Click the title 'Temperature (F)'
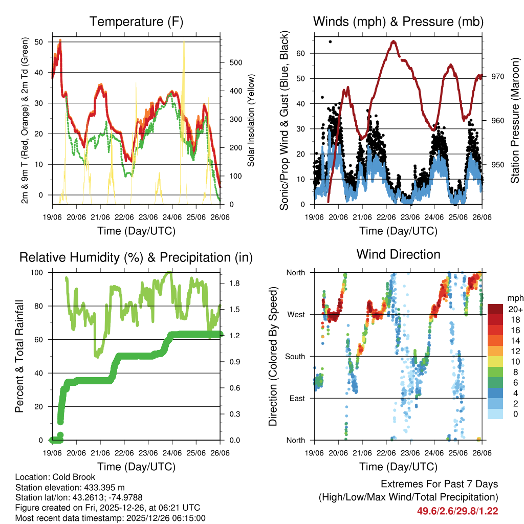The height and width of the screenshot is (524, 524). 136,21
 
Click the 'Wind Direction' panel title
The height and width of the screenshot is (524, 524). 398,254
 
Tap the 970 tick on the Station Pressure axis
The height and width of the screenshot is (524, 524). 498,76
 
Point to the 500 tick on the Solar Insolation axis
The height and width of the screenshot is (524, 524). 235,62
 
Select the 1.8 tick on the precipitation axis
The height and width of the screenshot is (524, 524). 228,283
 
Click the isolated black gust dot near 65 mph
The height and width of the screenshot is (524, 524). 330,41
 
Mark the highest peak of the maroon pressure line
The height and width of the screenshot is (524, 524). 394,41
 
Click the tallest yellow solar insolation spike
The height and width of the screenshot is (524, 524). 184,43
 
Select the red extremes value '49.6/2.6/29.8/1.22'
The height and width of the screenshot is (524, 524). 458,511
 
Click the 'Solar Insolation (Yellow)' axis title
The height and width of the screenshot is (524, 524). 251,121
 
